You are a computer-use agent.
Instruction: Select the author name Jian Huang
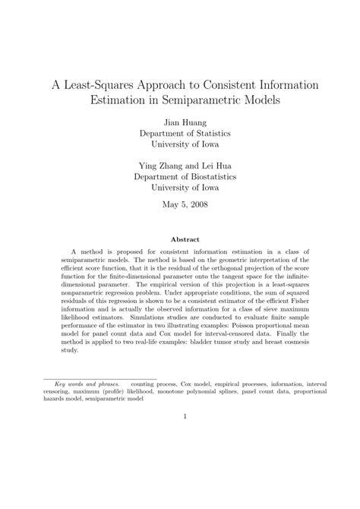coord(180,121)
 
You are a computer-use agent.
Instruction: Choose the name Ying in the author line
coord(147,165)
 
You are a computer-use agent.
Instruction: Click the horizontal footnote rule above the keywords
coord(99,378)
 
